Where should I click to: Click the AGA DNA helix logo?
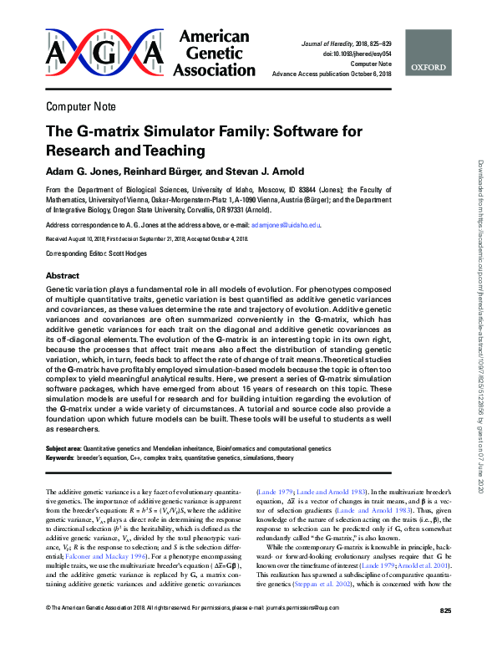tap(104, 54)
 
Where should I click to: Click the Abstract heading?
tap(63, 275)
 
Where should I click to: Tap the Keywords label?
tap(59, 458)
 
